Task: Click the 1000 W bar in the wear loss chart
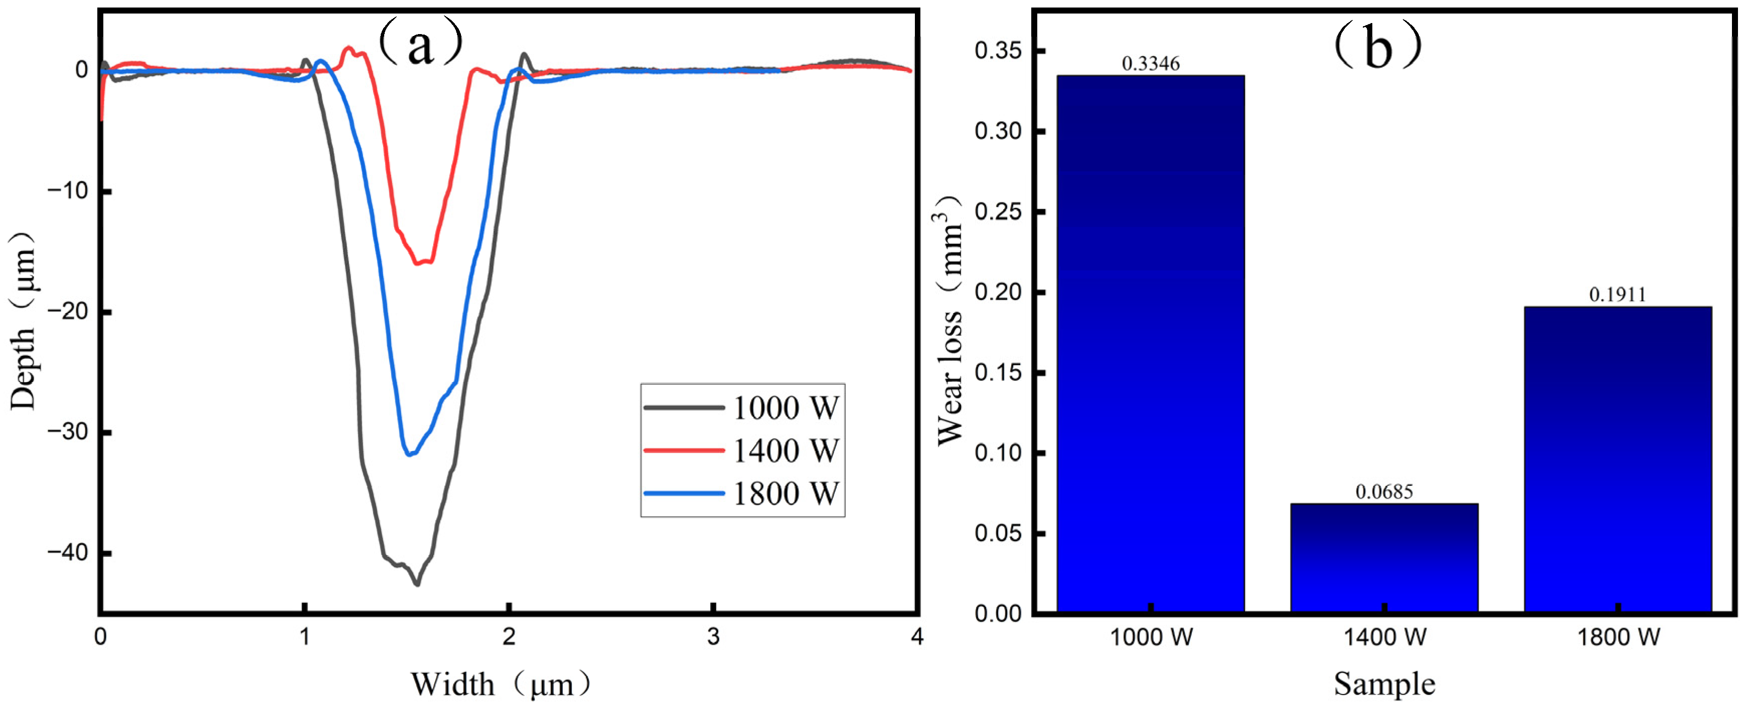(x=1150, y=343)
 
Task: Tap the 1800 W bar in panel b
(x=1618, y=459)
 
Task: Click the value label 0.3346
(x=1150, y=63)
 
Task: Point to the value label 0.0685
(x=1384, y=492)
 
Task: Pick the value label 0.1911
(x=1618, y=295)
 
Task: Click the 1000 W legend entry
(x=742, y=407)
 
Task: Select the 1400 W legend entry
(x=742, y=450)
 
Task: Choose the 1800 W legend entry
(x=742, y=493)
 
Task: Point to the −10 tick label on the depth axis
(x=68, y=191)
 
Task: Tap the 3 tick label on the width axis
(x=713, y=636)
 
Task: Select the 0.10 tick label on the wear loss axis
(x=998, y=453)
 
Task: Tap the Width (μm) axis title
(x=501, y=684)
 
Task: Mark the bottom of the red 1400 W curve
(x=417, y=263)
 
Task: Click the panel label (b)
(x=1377, y=45)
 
